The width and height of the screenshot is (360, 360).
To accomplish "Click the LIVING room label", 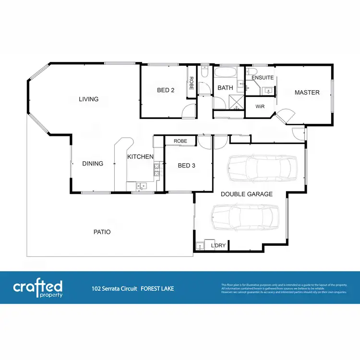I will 89,99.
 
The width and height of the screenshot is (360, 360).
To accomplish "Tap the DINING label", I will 93,164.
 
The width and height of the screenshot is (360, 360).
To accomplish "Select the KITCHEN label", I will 140,157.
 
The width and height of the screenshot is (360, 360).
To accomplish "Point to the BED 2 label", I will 166,90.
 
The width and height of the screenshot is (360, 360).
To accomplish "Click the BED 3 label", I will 186,166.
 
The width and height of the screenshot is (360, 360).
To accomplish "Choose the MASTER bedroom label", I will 307,93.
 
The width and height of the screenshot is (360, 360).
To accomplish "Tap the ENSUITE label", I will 263,78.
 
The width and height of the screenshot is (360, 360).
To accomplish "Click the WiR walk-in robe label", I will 260,106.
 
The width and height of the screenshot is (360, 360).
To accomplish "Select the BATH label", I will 225,88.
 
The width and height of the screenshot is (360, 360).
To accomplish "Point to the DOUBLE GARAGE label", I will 247,194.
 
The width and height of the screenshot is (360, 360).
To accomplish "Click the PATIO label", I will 102,232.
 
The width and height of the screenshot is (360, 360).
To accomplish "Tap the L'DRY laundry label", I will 219,246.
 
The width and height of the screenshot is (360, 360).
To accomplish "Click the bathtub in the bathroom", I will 225,73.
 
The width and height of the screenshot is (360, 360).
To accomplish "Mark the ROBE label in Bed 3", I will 180,141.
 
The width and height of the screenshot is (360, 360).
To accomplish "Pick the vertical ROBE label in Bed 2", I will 191,84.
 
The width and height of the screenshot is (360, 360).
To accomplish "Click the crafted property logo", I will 37,288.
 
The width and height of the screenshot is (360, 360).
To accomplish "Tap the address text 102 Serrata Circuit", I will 114,289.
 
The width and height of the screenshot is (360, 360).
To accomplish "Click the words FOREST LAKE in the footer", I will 157,289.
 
